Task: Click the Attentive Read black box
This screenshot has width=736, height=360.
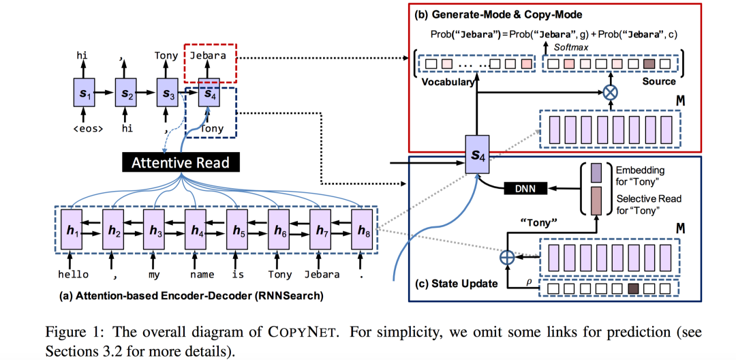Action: pos(181,163)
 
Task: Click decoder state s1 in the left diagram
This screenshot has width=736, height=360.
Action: pos(82,91)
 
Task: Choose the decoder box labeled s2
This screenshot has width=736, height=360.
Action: pos(125,91)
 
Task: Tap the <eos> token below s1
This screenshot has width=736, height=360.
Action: pos(82,127)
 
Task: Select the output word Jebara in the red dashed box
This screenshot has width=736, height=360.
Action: pos(209,57)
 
